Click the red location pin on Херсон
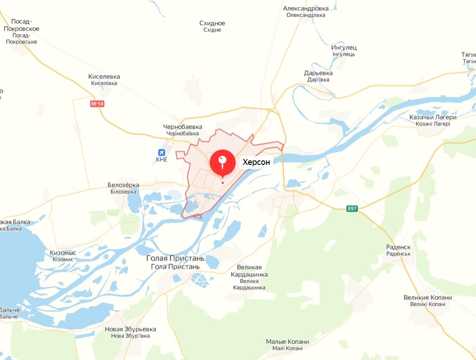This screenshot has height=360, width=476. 222,162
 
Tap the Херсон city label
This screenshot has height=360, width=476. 256,162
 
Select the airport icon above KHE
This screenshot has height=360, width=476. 161,152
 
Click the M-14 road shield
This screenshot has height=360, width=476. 97,104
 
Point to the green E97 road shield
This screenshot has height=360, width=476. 352,209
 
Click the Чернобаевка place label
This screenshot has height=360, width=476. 183,127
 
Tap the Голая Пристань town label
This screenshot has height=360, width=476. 176,259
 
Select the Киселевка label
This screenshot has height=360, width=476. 104,77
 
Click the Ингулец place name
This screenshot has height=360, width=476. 344,47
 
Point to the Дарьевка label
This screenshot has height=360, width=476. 318,73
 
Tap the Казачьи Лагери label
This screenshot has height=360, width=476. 433,117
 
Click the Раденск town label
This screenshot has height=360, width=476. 399,247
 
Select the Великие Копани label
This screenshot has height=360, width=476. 427,298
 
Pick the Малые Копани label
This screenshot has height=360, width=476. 287,342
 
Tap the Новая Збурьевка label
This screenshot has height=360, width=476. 130,329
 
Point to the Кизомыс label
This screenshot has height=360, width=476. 63,253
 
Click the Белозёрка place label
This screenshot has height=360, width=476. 123,185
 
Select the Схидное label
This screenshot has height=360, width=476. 212,23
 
